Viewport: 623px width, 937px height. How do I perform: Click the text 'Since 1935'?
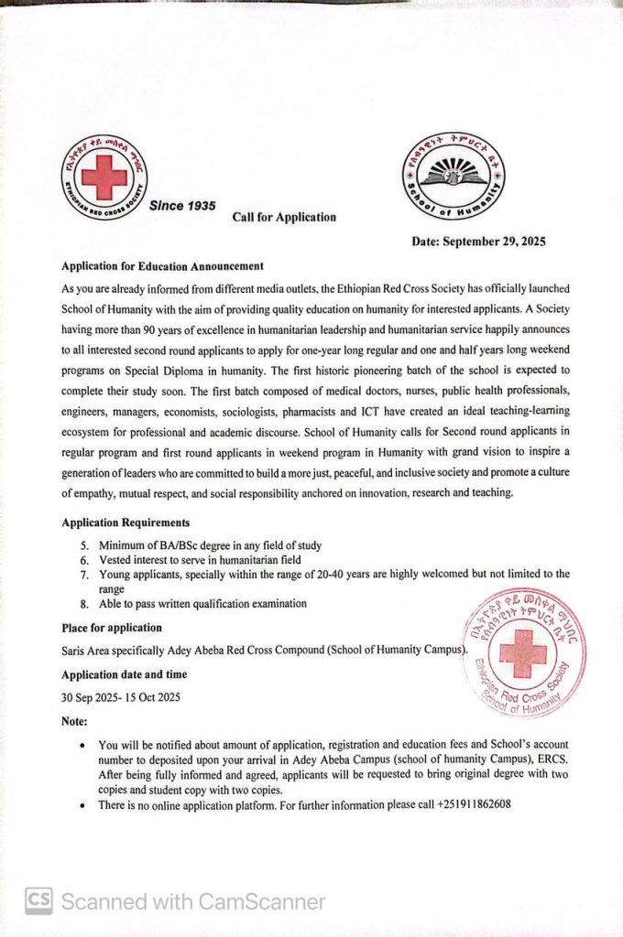(182, 206)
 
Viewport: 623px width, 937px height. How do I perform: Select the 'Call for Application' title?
(284, 217)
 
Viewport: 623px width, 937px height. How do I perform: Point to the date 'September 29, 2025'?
(495, 242)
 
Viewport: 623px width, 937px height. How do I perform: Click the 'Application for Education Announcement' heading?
(162, 266)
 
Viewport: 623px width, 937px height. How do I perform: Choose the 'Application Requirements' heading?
(126, 523)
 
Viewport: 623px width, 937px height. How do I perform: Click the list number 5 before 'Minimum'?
(84, 545)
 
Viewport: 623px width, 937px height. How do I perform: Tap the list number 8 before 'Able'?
(84, 604)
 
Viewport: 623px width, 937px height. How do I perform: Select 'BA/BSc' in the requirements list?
(180, 545)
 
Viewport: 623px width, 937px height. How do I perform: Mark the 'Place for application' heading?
(111, 628)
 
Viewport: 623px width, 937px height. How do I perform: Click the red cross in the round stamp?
(523, 652)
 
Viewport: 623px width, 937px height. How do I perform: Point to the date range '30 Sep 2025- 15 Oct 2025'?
(121, 697)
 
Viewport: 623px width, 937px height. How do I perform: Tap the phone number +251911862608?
(462, 804)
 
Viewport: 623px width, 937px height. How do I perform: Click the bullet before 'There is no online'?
(83, 805)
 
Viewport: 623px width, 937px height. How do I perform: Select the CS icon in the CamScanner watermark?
(38, 901)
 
